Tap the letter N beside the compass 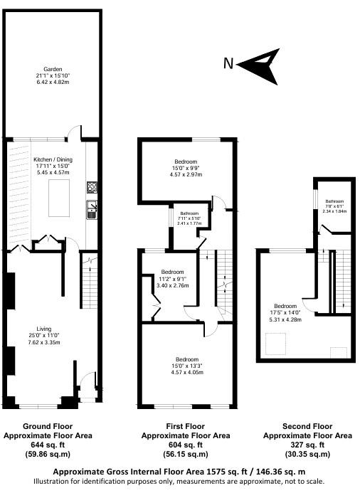coord(228,63)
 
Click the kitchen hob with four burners coord(92,188)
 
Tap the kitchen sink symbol coord(92,209)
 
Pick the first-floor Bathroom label coord(189,213)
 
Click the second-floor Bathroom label coord(334,201)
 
